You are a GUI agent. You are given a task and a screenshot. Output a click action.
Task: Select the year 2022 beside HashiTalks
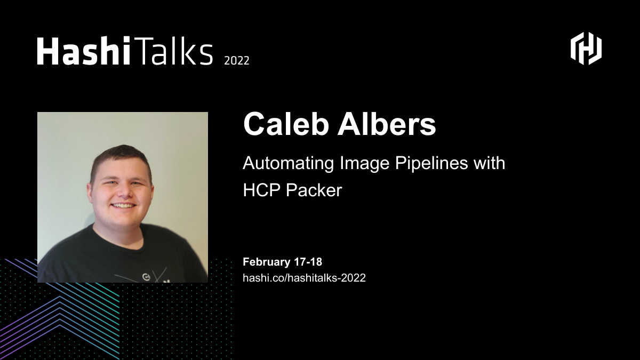(x=236, y=60)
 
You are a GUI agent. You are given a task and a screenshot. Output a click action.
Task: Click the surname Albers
(x=388, y=124)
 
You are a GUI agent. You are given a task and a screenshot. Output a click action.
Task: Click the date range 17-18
(x=308, y=262)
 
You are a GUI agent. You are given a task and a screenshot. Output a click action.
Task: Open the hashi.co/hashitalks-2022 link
(x=304, y=277)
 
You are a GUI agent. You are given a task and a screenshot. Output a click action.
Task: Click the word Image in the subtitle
(x=364, y=163)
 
